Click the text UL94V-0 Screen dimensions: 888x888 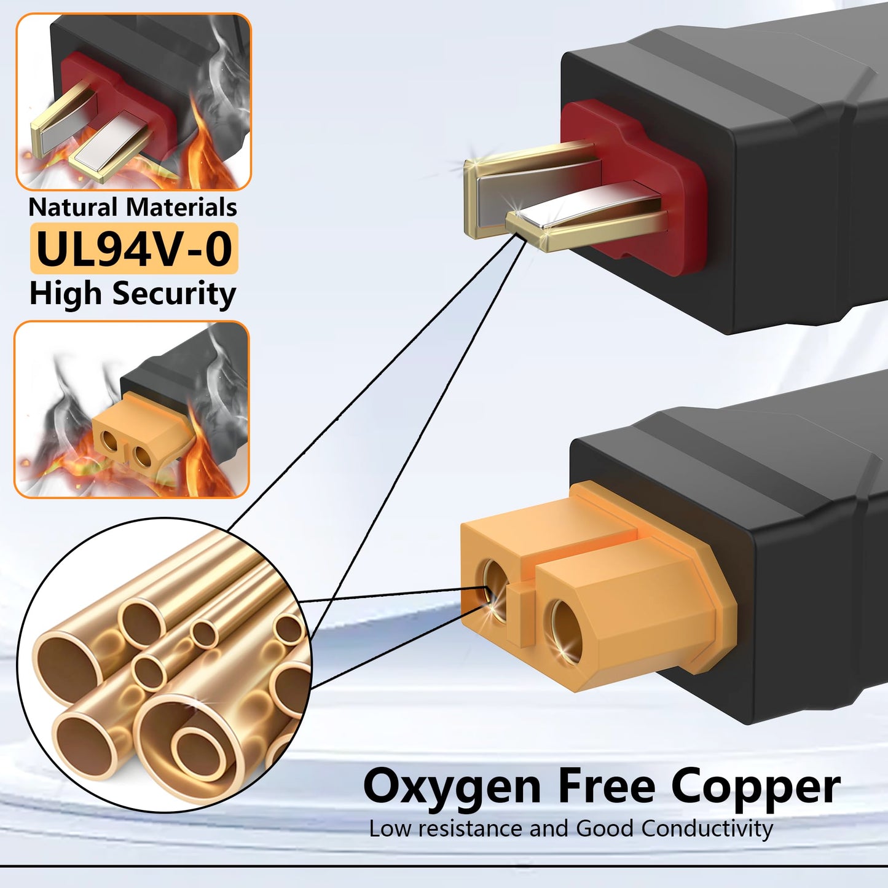tap(134, 248)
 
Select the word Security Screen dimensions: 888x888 tap(174, 294)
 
